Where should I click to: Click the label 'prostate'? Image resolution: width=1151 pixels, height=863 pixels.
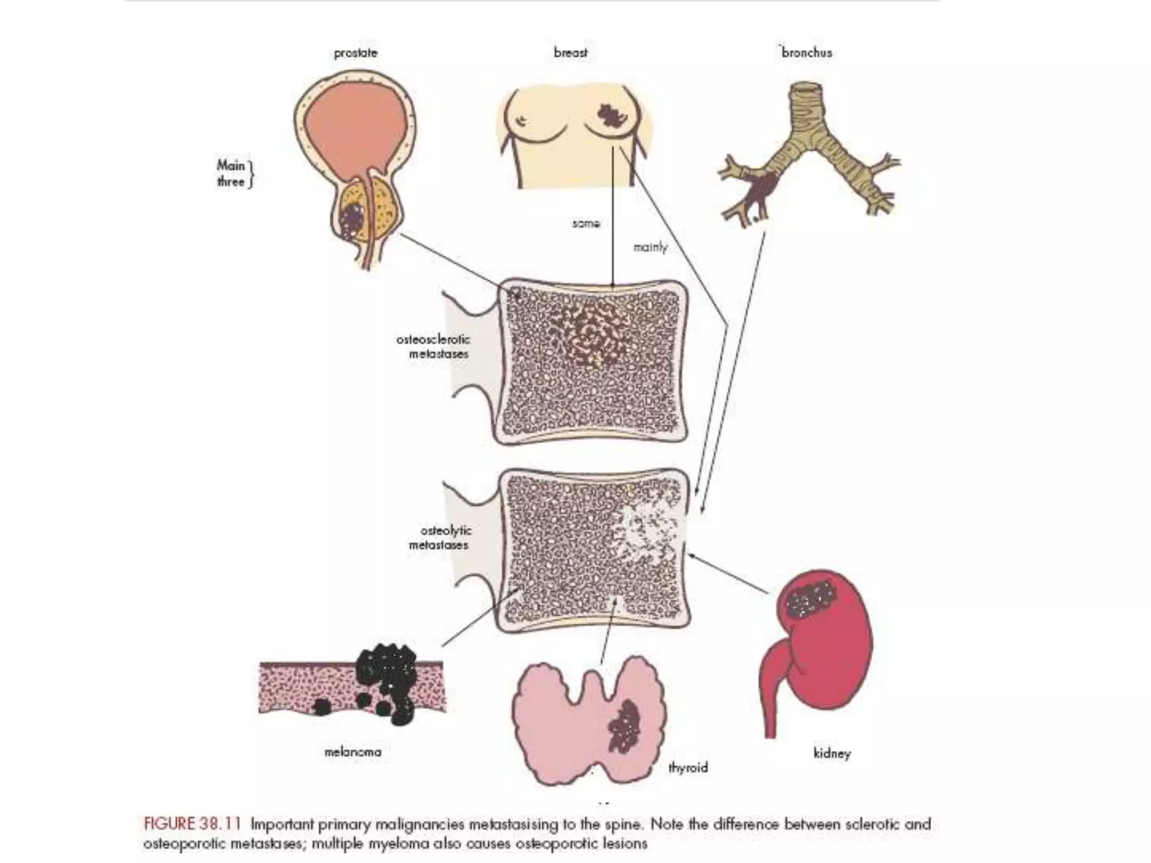(356, 53)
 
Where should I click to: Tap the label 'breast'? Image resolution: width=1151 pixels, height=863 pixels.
(570, 53)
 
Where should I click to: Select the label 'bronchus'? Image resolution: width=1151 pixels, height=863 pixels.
(806, 53)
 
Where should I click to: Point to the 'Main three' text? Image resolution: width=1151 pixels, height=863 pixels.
(232, 173)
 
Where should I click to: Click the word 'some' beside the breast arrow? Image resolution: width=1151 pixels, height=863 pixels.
(586, 224)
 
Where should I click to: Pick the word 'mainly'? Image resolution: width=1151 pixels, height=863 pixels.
(650, 247)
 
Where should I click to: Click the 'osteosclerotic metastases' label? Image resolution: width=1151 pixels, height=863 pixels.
(433, 347)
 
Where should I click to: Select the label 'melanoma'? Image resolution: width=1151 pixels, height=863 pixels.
(353, 752)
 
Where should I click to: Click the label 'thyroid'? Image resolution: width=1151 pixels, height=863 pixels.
(688, 767)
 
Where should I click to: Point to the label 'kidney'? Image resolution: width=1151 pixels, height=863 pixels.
(832, 753)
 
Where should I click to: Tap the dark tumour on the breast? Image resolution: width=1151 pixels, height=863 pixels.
(610, 116)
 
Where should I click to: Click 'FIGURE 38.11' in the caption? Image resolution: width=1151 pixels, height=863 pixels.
(192, 824)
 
